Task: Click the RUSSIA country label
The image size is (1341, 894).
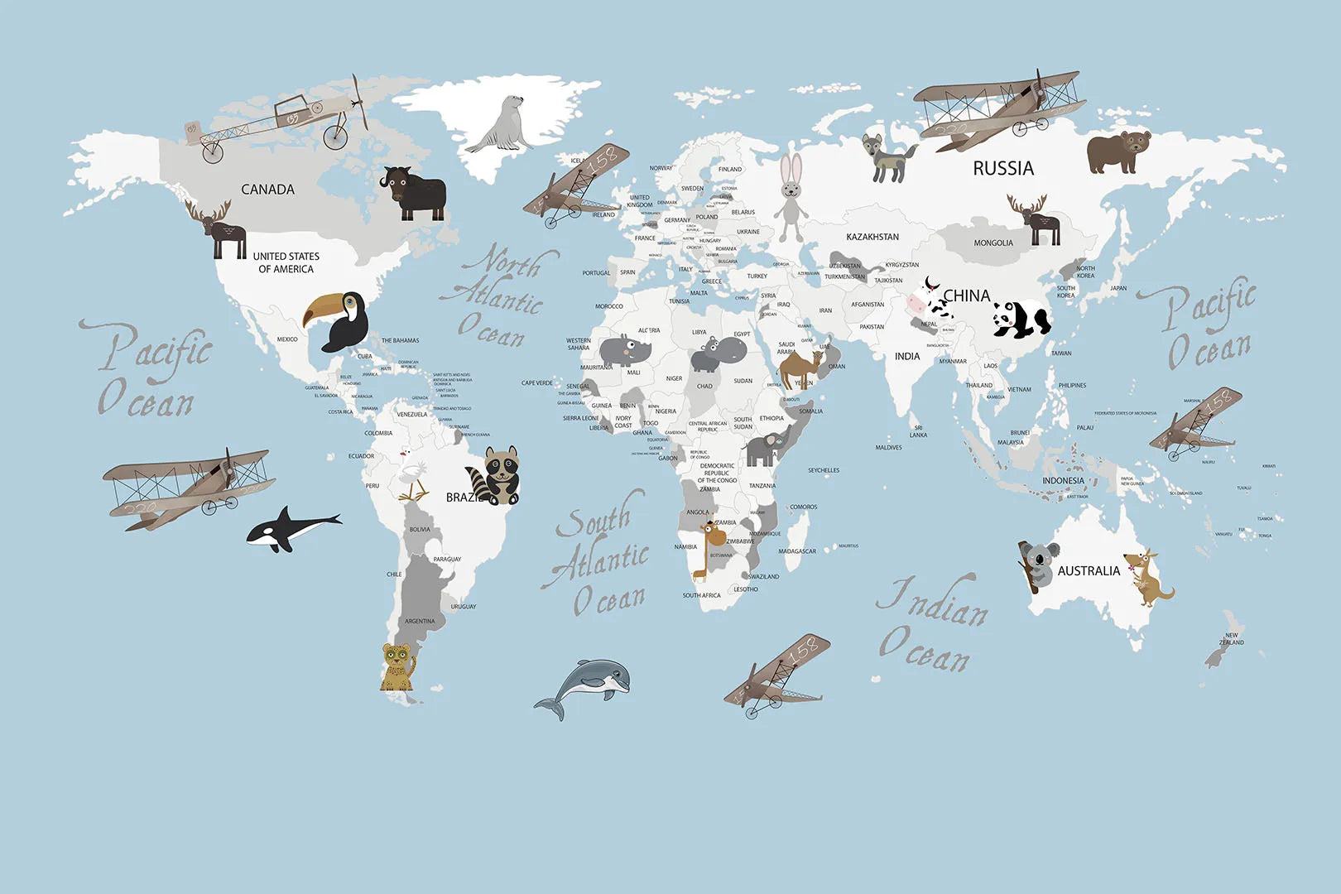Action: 1003,169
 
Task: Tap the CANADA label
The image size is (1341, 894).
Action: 267,190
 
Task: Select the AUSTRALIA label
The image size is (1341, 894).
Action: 1089,571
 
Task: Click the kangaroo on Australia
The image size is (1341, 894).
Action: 1146,578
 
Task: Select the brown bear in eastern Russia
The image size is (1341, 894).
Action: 1117,151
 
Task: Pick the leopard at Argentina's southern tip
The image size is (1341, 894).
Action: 398,666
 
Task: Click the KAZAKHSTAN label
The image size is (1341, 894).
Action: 872,237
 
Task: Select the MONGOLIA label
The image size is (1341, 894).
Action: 993,243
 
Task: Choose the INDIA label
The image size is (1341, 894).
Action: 907,357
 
